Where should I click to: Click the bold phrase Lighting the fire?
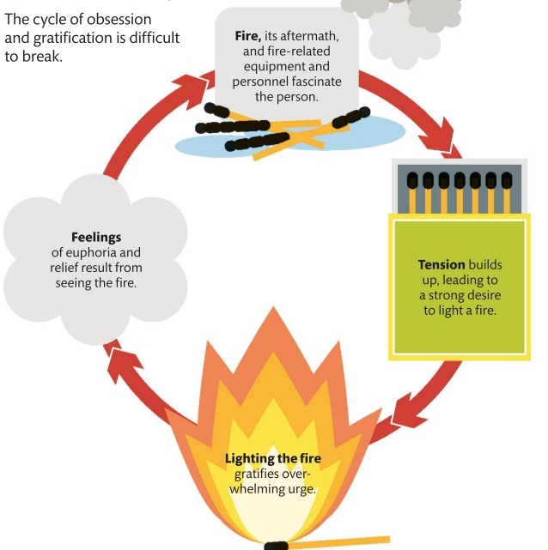coord(273,459)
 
